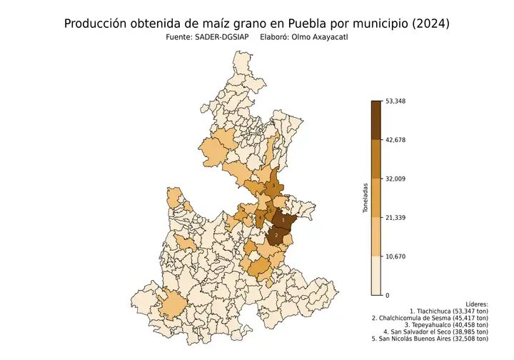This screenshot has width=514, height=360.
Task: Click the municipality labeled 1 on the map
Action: pyautogui.click(x=283, y=221)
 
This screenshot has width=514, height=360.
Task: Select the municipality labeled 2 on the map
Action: pyautogui.click(x=276, y=234)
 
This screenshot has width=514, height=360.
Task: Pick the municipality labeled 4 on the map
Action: pyautogui.click(x=261, y=218)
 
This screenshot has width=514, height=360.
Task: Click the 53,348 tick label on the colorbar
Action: pyautogui.click(x=395, y=101)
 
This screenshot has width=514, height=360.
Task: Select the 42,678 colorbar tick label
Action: pyautogui.click(x=395, y=140)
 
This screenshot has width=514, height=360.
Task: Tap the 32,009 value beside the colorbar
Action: pyautogui.click(x=395, y=179)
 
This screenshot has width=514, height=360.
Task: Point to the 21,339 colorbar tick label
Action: pyautogui.click(x=395, y=217)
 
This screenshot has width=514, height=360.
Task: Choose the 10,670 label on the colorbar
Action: pyautogui.click(x=395, y=256)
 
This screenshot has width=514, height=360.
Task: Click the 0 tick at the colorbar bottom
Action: pyautogui.click(x=387, y=295)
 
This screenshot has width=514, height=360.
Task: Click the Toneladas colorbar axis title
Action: pyautogui.click(x=365, y=198)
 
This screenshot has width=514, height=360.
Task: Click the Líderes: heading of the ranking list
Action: pyautogui.click(x=476, y=304)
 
